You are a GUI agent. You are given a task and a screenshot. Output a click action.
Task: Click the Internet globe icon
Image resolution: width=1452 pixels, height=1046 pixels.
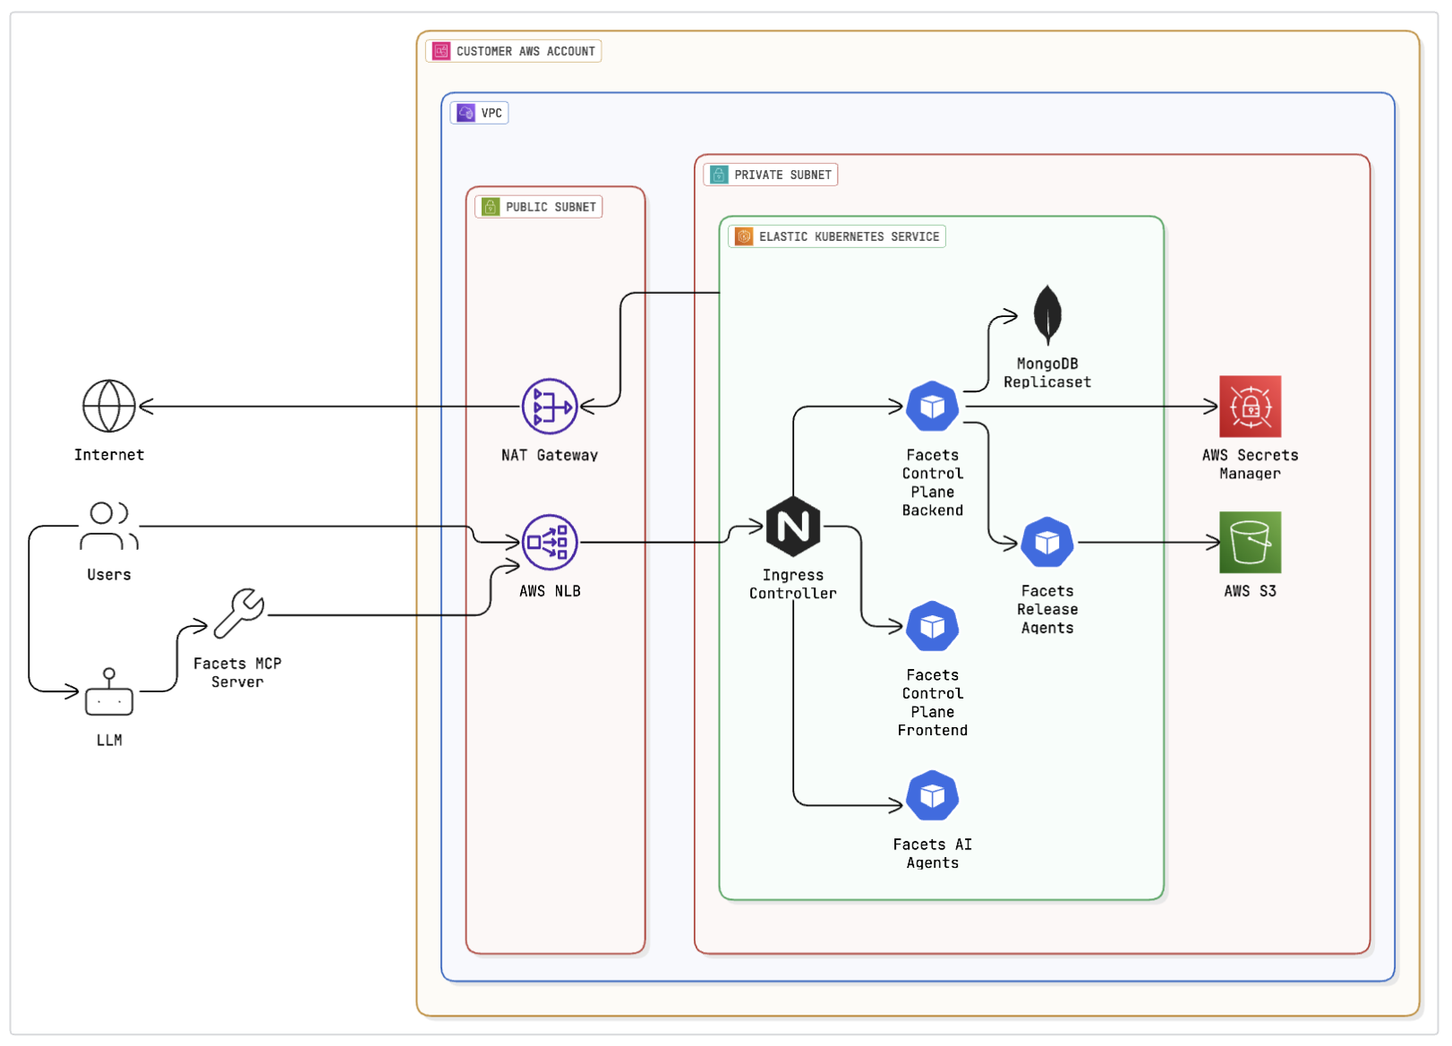pos(109,406)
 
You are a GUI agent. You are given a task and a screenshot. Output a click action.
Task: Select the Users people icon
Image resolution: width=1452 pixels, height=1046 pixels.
pos(109,525)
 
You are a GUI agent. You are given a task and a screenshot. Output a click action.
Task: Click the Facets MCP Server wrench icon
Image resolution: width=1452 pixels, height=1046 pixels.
pos(239,613)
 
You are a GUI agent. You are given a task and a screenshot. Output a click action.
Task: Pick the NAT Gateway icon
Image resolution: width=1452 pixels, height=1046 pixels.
pos(550,407)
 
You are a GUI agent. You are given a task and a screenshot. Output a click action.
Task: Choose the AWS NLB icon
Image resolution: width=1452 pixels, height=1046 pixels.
pos(550,542)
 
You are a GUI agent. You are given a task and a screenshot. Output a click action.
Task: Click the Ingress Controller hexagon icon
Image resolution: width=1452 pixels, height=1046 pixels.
pos(793,526)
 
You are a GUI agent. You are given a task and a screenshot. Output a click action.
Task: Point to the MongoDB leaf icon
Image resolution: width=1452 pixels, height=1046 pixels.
pos(1047,314)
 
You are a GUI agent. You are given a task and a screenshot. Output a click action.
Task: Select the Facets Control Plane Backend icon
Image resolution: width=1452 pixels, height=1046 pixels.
pos(932,407)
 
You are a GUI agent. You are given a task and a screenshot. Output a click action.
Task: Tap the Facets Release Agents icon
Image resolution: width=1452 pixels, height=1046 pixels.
pos(1047,542)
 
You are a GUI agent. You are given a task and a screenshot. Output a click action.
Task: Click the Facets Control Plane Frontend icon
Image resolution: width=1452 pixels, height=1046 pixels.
pos(932,626)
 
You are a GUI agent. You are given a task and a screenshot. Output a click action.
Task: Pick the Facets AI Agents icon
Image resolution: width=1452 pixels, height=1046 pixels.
pos(932,795)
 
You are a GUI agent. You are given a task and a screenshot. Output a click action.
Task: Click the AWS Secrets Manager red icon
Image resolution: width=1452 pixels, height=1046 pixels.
pos(1250,407)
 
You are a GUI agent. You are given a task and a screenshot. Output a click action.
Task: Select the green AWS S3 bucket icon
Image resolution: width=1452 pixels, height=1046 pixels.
pos(1250,542)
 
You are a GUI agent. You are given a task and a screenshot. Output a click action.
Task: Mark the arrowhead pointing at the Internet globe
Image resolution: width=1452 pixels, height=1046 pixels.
pos(145,407)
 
